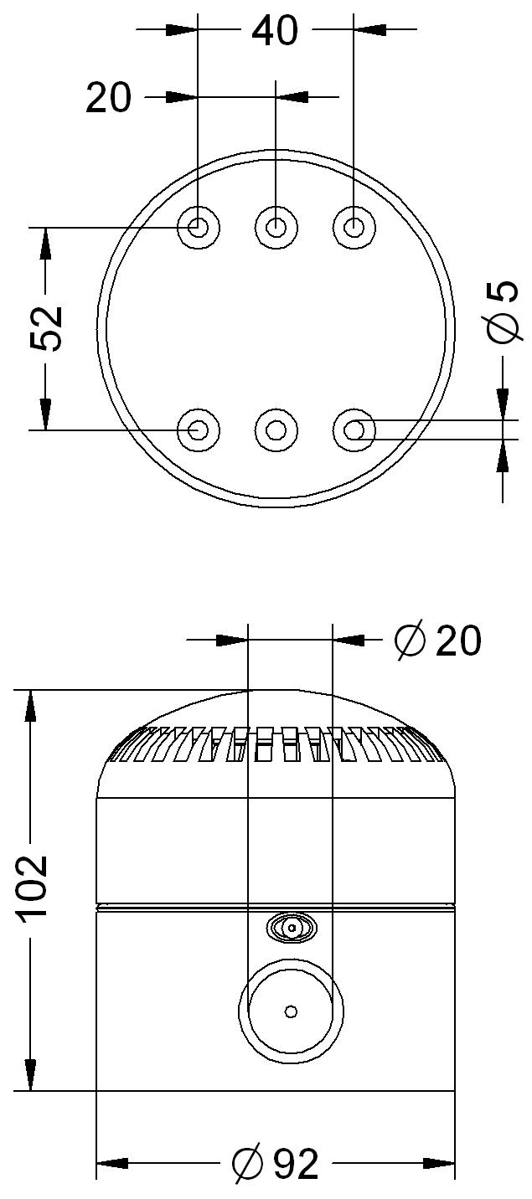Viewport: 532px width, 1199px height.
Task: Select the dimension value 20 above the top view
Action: (x=108, y=97)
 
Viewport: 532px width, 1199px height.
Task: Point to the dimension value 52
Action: (x=46, y=328)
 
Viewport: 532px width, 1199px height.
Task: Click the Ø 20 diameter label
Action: (x=437, y=640)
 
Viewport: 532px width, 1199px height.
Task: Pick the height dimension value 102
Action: (x=34, y=889)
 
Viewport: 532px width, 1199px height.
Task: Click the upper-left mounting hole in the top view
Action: (x=199, y=228)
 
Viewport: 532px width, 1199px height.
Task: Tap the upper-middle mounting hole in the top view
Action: (x=276, y=228)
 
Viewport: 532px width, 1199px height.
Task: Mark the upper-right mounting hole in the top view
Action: (x=354, y=228)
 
